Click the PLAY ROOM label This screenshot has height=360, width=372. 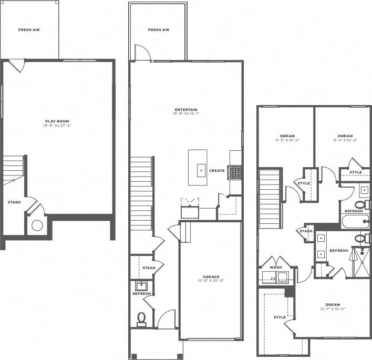(x=57, y=121)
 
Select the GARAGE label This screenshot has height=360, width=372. (x=211, y=276)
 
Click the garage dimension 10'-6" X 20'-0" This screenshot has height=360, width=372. (x=211, y=281)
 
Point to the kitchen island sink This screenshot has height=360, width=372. (x=201, y=171)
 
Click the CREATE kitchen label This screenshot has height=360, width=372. (x=217, y=171)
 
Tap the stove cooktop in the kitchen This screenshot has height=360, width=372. (x=235, y=172)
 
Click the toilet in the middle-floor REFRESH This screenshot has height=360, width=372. (x=141, y=318)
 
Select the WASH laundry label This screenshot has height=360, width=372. (x=275, y=267)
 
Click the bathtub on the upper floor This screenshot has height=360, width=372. (x=355, y=221)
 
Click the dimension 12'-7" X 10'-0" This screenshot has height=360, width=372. (x=333, y=309)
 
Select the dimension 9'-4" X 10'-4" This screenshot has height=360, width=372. (x=345, y=140)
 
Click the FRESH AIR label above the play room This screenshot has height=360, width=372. (x=29, y=30)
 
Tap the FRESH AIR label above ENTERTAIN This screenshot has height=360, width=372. (x=158, y=30)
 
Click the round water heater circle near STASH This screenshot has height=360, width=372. (x=37, y=226)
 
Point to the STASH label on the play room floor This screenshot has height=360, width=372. (x=14, y=202)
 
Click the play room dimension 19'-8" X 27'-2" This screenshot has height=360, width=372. (x=57, y=126)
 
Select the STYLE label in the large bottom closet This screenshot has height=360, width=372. (x=280, y=317)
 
